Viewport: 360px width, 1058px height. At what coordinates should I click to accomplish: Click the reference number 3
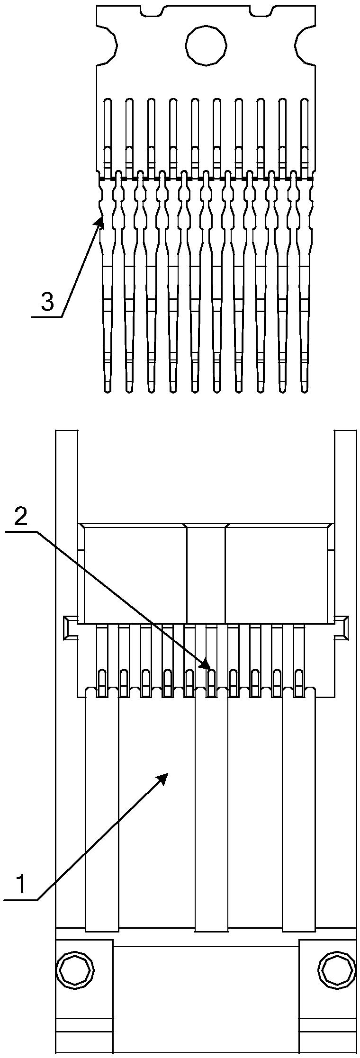point(47,302)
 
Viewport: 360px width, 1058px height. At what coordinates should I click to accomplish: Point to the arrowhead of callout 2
point(209,668)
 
